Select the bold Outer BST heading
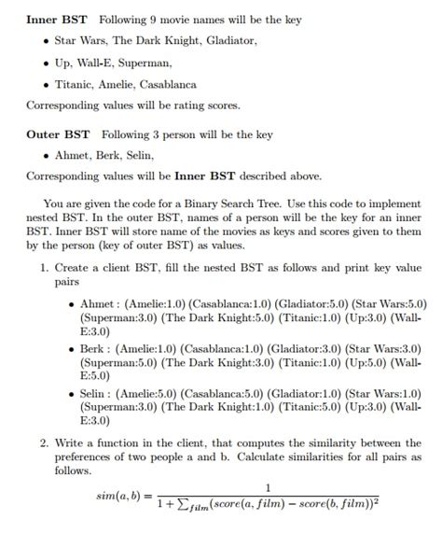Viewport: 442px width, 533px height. coord(57,134)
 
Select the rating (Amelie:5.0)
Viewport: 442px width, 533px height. coord(155,394)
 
